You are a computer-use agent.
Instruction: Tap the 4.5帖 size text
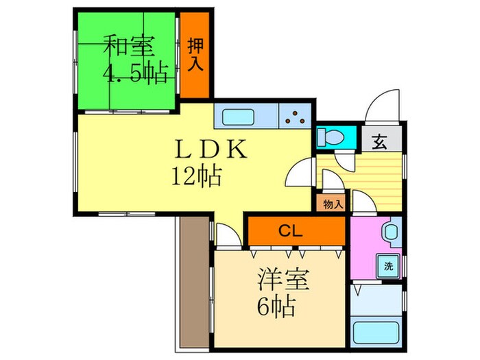pyautogui.click(x=136, y=73)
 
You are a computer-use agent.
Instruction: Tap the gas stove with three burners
pyautogui.click(x=296, y=116)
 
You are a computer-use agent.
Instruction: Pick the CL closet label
pyautogui.click(x=296, y=231)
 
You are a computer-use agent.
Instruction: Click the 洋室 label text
pyautogui.click(x=284, y=280)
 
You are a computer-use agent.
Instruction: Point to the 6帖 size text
pyautogui.click(x=277, y=305)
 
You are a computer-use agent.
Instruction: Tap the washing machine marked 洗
pyautogui.click(x=388, y=266)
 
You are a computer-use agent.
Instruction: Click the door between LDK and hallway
pyautogui.click(x=302, y=174)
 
